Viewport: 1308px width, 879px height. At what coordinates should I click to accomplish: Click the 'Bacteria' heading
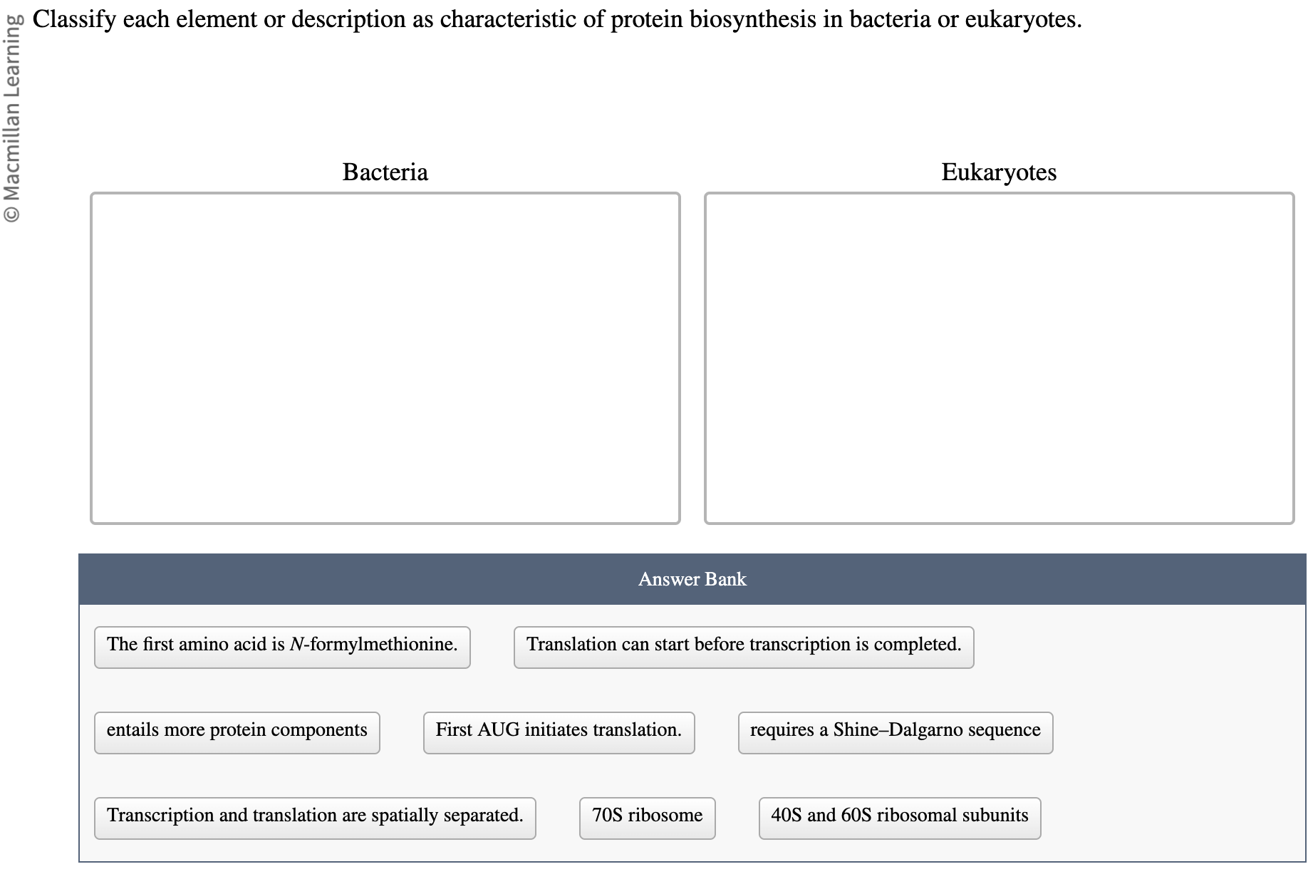[x=385, y=172]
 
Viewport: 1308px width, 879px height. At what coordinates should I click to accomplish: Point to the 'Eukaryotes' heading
[x=999, y=172]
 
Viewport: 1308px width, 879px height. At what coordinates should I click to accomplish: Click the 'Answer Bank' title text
[x=692, y=579]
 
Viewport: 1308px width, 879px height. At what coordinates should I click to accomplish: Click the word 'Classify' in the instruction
[x=74, y=19]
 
